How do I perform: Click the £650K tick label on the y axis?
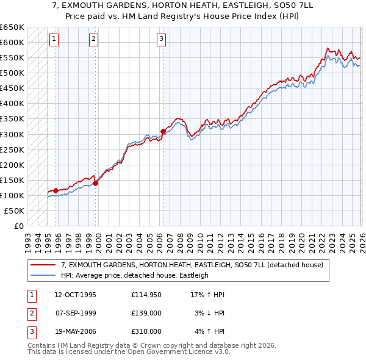pos(12,27)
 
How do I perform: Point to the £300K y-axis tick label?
pos(12,134)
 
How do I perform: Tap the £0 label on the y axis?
pos(19,226)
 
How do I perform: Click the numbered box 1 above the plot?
pos(54,40)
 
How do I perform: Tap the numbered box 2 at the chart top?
pos(93,40)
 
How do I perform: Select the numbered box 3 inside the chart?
pos(161,40)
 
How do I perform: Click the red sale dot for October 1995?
pos(56,190)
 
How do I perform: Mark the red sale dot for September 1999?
pos(95,183)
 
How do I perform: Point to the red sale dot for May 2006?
pos(163,131)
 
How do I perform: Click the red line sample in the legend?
pos(44,265)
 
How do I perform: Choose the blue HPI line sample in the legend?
pos(44,275)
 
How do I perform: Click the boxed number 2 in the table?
pos(30,313)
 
